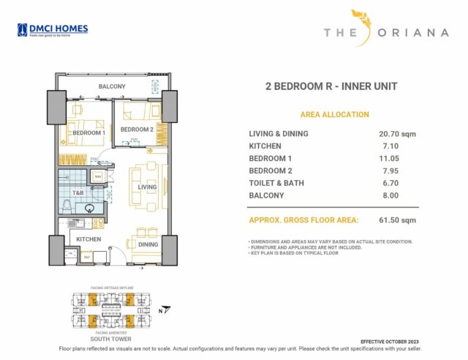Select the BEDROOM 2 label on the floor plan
tap(136, 130)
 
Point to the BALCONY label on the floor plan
tap(113, 87)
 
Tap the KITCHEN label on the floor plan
tap(88, 239)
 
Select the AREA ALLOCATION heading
tap(334, 115)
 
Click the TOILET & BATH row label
tap(276, 183)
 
